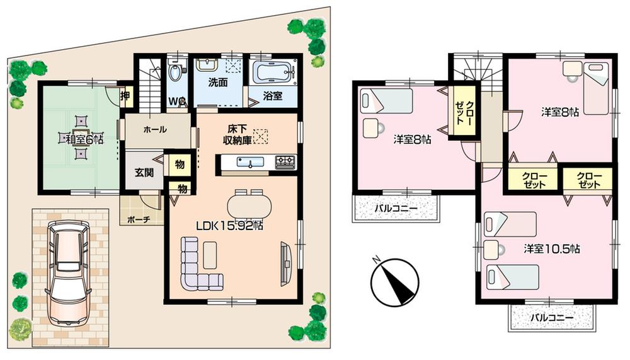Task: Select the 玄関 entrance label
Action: click(144, 172)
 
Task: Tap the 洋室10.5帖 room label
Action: click(551, 248)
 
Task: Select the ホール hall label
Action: click(155, 130)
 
